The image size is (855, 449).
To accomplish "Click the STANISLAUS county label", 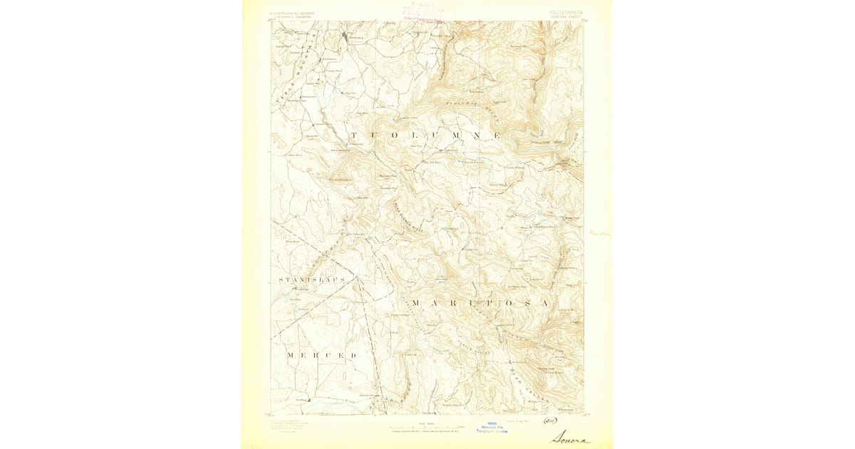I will pos(311,280).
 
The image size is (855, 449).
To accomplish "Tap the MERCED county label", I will pos(321,355).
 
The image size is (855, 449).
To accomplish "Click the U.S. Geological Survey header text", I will pos(294,12).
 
